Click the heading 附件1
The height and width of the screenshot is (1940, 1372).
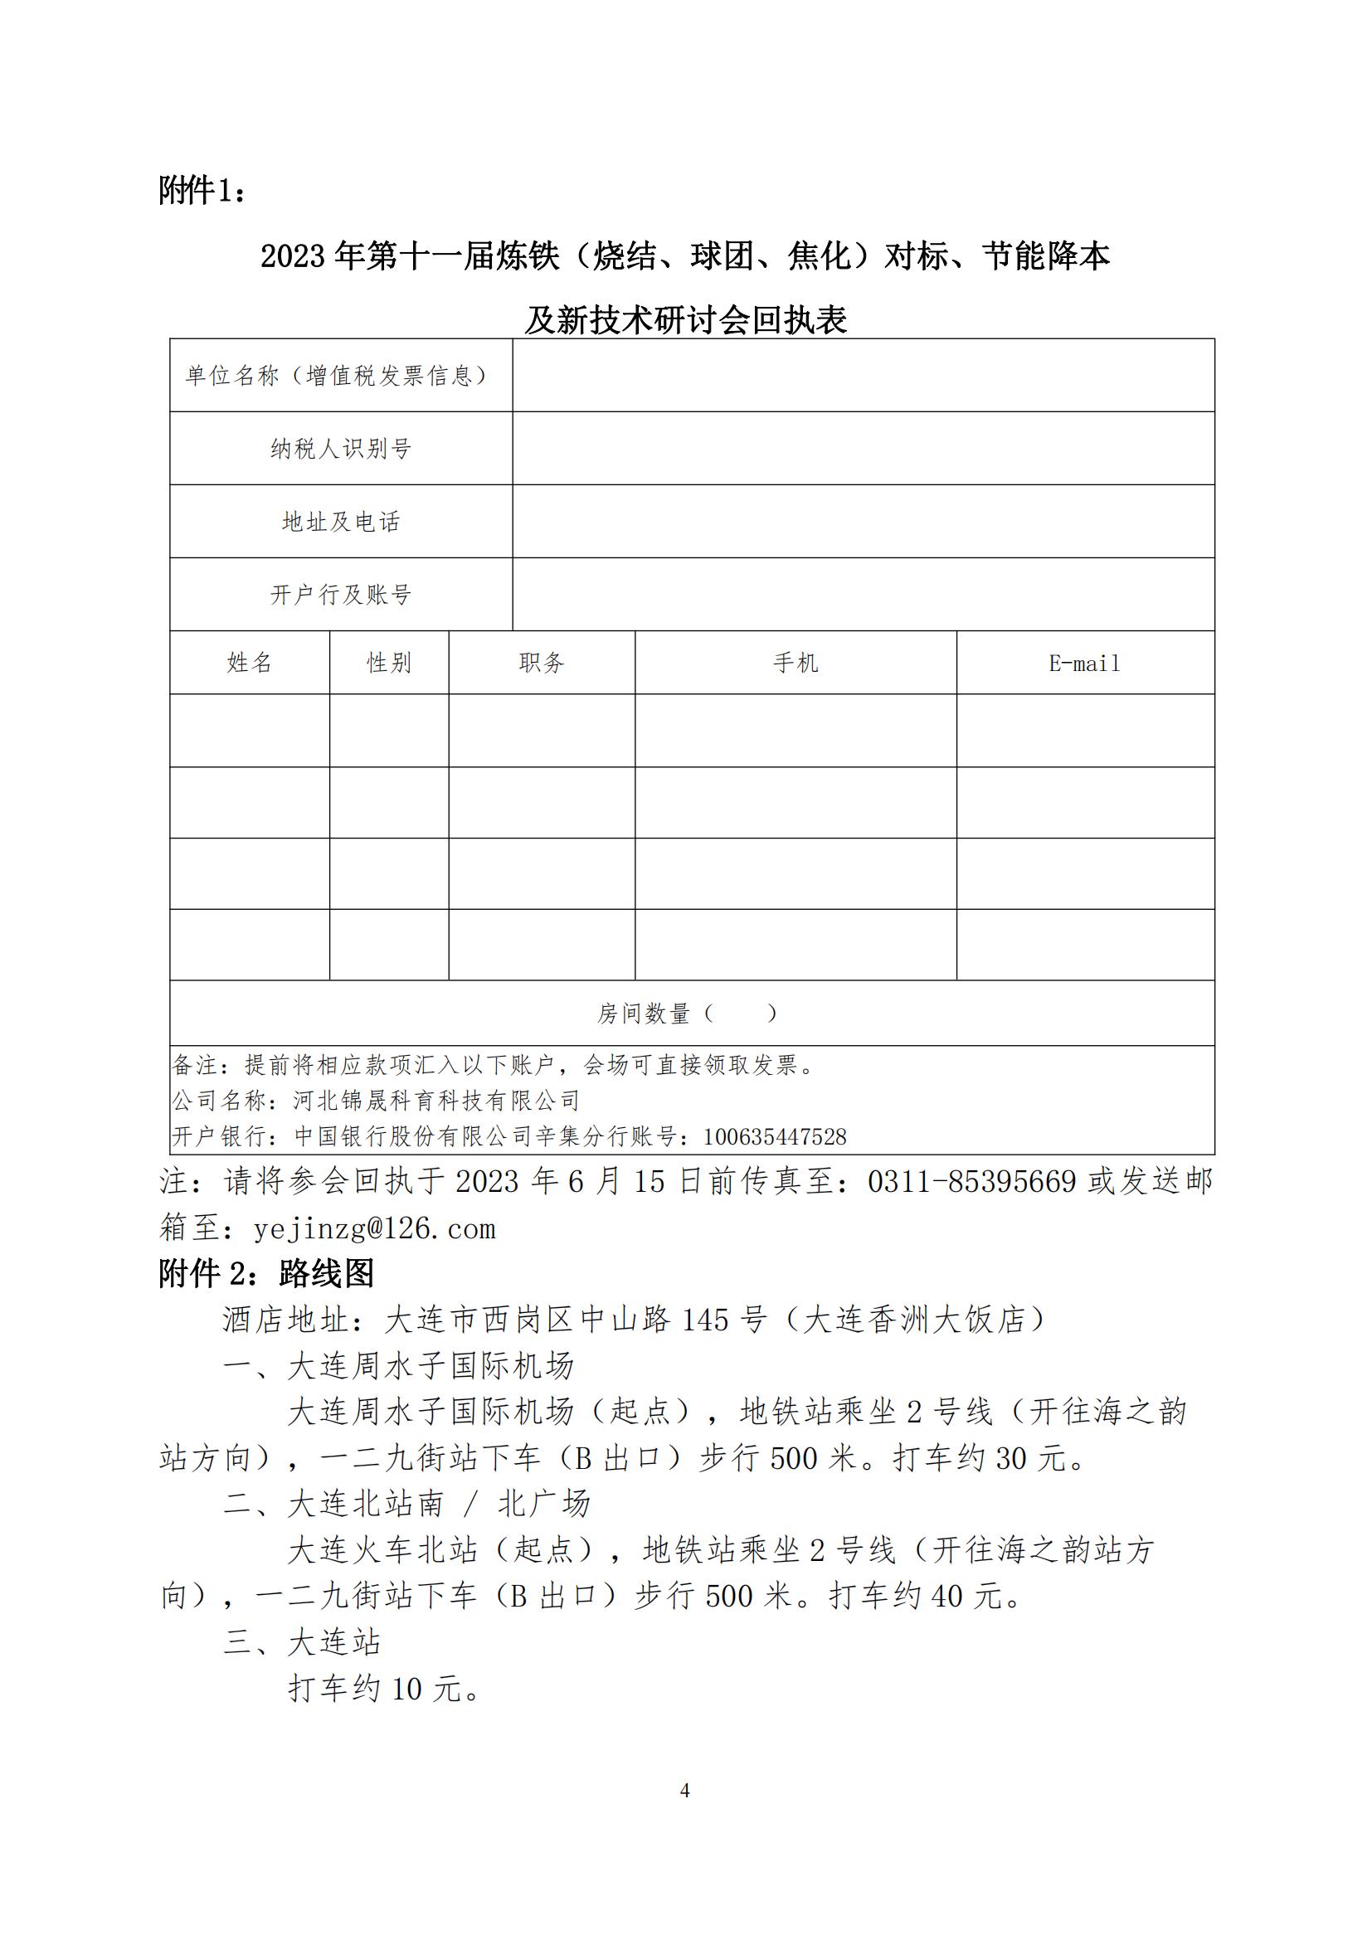202,191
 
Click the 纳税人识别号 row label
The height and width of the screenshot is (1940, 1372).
340,449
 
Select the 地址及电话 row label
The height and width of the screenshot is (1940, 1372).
340,522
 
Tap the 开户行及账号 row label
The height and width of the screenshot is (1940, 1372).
340,595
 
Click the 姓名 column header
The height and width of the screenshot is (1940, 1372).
249,664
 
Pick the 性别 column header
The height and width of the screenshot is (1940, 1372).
388,664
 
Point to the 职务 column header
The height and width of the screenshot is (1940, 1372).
542,664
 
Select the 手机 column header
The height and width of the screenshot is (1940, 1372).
795,664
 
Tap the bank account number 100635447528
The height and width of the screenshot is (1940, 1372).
775,1137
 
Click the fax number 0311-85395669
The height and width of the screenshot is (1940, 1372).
971,1181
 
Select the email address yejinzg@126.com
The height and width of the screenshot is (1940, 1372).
374,1228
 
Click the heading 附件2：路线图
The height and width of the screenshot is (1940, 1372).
266,1274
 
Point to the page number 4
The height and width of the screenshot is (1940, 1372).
685,1791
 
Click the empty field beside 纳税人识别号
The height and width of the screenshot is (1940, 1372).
863,449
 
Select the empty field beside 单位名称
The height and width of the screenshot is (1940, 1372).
863,375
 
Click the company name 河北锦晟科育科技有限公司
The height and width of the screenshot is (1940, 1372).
436,1101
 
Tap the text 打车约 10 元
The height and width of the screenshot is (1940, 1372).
384,1689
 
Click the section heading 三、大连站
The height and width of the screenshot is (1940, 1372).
302,1642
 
